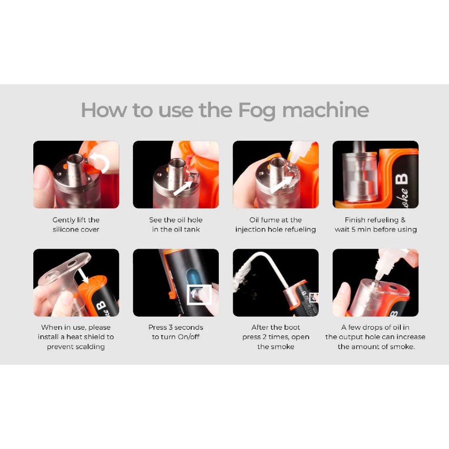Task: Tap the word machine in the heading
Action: [326, 110]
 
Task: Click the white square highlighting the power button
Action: [199, 294]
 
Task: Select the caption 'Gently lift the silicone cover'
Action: [76, 224]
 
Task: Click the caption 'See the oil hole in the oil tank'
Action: [176, 224]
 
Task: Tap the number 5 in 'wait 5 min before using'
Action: [353, 229]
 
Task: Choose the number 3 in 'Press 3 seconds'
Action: [171, 327]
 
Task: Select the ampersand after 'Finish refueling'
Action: [403, 220]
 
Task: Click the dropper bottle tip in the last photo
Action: [378, 277]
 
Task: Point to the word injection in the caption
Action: [249, 229]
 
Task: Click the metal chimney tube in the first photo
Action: [76, 168]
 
